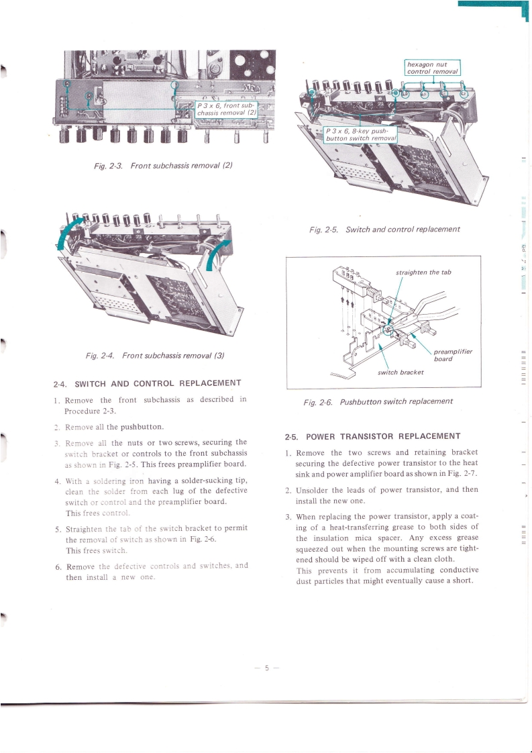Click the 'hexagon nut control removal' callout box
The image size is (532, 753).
pyautogui.click(x=432, y=67)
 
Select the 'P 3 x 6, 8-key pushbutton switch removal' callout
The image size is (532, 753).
pyautogui.click(x=360, y=134)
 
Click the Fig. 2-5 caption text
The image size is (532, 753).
pyautogui.click(x=384, y=230)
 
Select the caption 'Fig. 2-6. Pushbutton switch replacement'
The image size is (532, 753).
pyautogui.click(x=378, y=401)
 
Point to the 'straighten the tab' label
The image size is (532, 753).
pyautogui.click(x=423, y=272)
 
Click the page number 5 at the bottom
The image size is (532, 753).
pyautogui.click(x=266, y=668)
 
